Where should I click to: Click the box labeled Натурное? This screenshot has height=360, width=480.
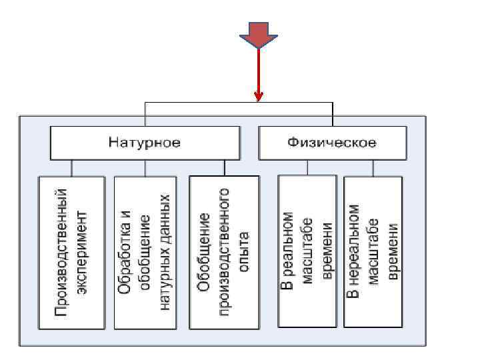pyautogui.click(x=144, y=143)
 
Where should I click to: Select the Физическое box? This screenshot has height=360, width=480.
pyautogui.click(x=331, y=143)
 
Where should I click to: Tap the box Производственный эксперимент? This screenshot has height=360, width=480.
pyautogui.click(x=71, y=252)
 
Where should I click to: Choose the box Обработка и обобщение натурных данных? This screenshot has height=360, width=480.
pyautogui.click(x=144, y=252)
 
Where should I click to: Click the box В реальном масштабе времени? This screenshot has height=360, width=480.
pyautogui.click(x=307, y=251)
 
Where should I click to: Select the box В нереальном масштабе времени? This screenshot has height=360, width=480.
pyautogui.click(x=373, y=251)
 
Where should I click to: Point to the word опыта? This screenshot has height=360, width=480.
pyautogui.click(x=244, y=252)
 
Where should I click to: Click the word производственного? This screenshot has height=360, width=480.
pyautogui.click(x=224, y=252)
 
